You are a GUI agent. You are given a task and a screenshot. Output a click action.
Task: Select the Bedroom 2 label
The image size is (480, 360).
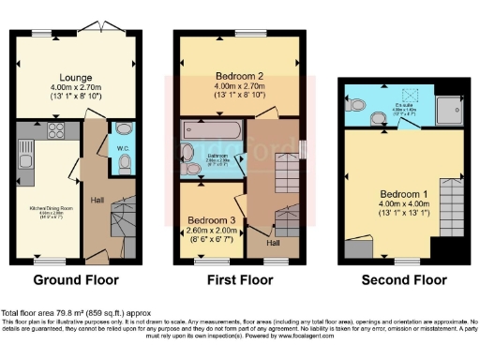(x=240, y=74)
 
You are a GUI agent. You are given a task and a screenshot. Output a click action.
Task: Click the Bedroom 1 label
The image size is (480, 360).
(x=392, y=194)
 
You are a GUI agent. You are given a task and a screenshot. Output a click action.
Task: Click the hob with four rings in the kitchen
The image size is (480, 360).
(x=52, y=131)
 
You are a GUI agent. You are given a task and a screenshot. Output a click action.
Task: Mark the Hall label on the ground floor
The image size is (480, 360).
(x=97, y=199)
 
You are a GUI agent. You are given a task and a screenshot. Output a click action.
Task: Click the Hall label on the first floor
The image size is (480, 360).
(x=272, y=241)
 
